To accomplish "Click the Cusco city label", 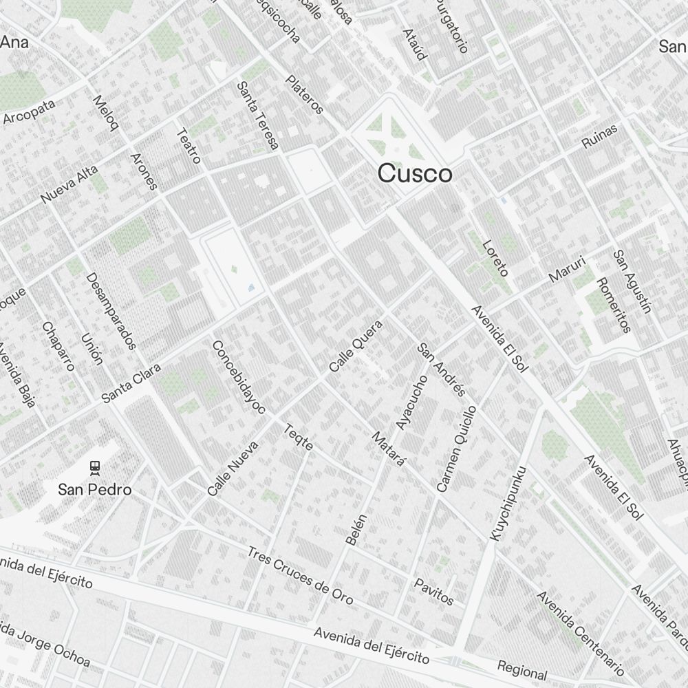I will tap(415, 173).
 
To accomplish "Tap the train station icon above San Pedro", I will tap(94, 468).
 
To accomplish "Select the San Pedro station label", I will tap(94, 490).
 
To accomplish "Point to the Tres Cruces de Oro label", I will tap(300, 575).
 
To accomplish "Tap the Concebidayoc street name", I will tap(238, 378).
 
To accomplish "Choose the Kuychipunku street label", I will tap(508, 502).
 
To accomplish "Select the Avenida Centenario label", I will tap(580, 633).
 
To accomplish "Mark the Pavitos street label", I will tap(433, 591).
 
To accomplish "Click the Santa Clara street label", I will tap(131, 383).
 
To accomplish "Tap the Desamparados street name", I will tap(111, 311).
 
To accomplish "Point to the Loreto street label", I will tap(495, 258).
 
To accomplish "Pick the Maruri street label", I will tap(567, 269).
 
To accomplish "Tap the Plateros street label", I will tap(305, 94).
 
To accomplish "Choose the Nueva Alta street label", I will tap(69, 184).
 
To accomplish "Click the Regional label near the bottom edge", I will tap(522, 670).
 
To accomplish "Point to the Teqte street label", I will tap(299, 438).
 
